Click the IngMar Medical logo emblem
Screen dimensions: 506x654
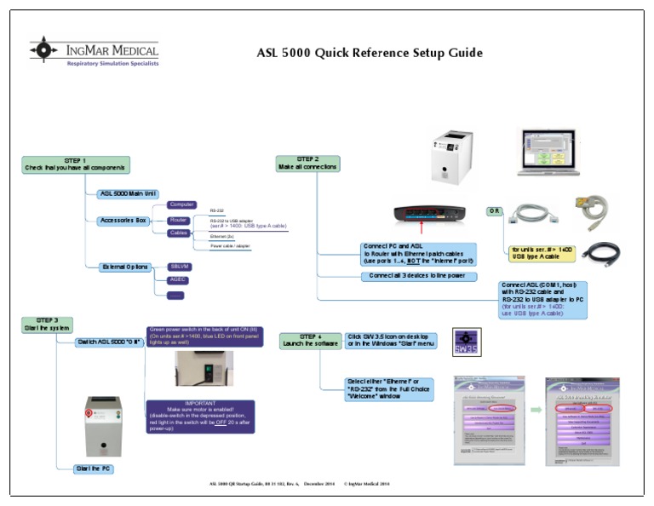pos(44,50)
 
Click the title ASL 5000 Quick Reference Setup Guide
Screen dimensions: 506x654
pos(370,53)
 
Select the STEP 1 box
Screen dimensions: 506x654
pos(77,164)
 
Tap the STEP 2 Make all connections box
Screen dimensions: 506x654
pos(307,163)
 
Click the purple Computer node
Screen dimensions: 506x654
pos(181,204)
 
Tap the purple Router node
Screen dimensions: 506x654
pos(177,220)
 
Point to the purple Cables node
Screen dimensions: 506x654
pos(179,232)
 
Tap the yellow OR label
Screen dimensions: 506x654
pos(494,210)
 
